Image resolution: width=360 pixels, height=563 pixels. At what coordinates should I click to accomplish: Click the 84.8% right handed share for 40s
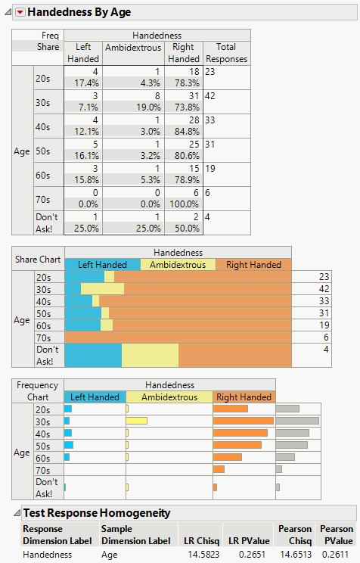pos(184,131)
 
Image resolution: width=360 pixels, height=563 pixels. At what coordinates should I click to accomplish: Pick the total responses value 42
pos(210,96)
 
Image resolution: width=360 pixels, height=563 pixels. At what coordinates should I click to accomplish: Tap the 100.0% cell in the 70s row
pos(184,204)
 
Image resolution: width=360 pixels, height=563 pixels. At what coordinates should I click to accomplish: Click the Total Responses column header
pos(226,52)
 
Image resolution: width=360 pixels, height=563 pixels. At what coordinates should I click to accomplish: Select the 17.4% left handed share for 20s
pos(82,82)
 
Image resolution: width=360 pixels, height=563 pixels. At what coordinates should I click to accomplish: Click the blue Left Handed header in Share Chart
pos(102,265)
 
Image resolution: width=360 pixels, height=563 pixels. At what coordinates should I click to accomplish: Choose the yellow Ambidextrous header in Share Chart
pos(178,265)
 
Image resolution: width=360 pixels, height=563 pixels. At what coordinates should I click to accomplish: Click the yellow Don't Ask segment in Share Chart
pos(150,355)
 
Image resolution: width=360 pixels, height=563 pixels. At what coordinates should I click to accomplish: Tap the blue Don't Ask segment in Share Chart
pos(93,355)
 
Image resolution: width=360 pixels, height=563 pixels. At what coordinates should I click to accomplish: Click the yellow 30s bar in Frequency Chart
pos(137,421)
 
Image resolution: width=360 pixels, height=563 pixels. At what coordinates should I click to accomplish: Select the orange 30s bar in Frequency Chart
pos(243,421)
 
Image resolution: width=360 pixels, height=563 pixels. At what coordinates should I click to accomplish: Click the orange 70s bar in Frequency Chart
pos(219,469)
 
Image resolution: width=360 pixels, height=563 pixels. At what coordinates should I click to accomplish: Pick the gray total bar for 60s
pos(285,457)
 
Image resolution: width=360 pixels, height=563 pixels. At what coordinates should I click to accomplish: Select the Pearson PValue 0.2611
pos(337,554)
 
